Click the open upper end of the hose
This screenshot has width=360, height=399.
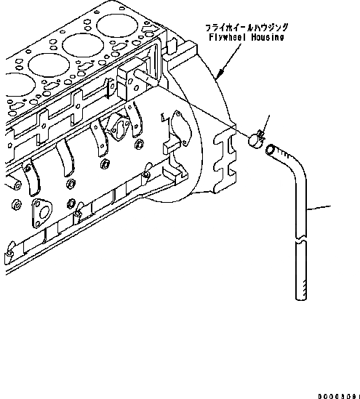[271, 150]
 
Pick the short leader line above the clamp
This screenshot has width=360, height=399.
[266, 123]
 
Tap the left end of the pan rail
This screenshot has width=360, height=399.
[7, 254]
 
